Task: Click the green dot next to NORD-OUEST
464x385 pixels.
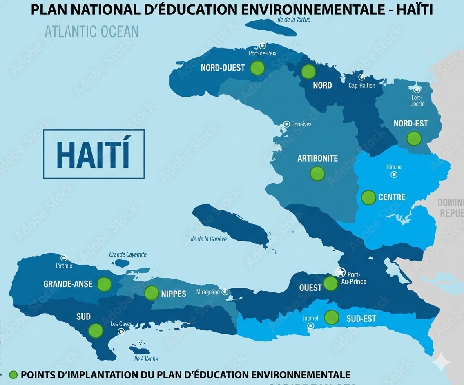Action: (x=257, y=68)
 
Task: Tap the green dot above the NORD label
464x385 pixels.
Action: (x=309, y=71)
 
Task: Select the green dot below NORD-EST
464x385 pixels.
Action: (x=414, y=138)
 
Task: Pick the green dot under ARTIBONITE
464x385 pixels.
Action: (x=317, y=174)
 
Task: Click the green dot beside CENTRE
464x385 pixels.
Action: (x=368, y=197)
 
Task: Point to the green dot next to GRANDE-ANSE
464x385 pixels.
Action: (x=105, y=284)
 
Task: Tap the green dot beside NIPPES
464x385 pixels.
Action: (x=152, y=292)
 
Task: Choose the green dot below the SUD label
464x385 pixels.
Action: (x=96, y=330)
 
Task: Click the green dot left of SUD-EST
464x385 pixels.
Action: (x=332, y=317)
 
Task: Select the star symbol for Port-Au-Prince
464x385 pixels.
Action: (x=340, y=272)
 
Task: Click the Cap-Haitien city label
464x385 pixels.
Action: (x=362, y=86)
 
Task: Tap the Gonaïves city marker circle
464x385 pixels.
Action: (x=287, y=124)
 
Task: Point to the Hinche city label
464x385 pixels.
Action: (x=394, y=166)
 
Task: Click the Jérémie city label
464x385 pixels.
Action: (x=63, y=266)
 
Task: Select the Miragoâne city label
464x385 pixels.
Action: (x=208, y=292)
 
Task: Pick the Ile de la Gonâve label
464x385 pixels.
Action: (x=206, y=239)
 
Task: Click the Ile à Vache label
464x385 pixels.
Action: (x=146, y=359)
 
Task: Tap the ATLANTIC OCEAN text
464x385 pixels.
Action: (x=91, y=31)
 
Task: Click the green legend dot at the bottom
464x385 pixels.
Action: (x=13, y=374)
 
